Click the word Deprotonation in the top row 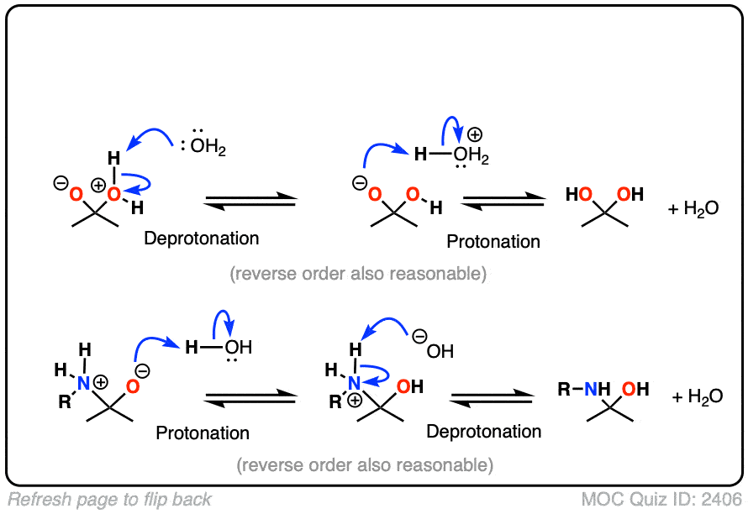[x=202, y=238]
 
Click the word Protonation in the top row [x=493, y=242]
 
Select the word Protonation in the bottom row [x=203, y=433]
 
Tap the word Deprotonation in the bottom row [x=484, y=432]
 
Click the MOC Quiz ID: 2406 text [x=661, y=500]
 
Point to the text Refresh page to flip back [x=110, y=500]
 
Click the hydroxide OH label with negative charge [x=439, y=349]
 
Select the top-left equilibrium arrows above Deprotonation [x=251, y=202]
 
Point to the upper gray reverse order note [x=358, y=274]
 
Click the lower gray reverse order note [x=364, y=464]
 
